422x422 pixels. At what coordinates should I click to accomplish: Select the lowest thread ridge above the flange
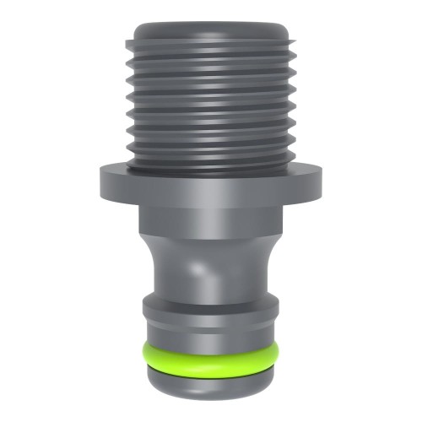click(x=211, y=153)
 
